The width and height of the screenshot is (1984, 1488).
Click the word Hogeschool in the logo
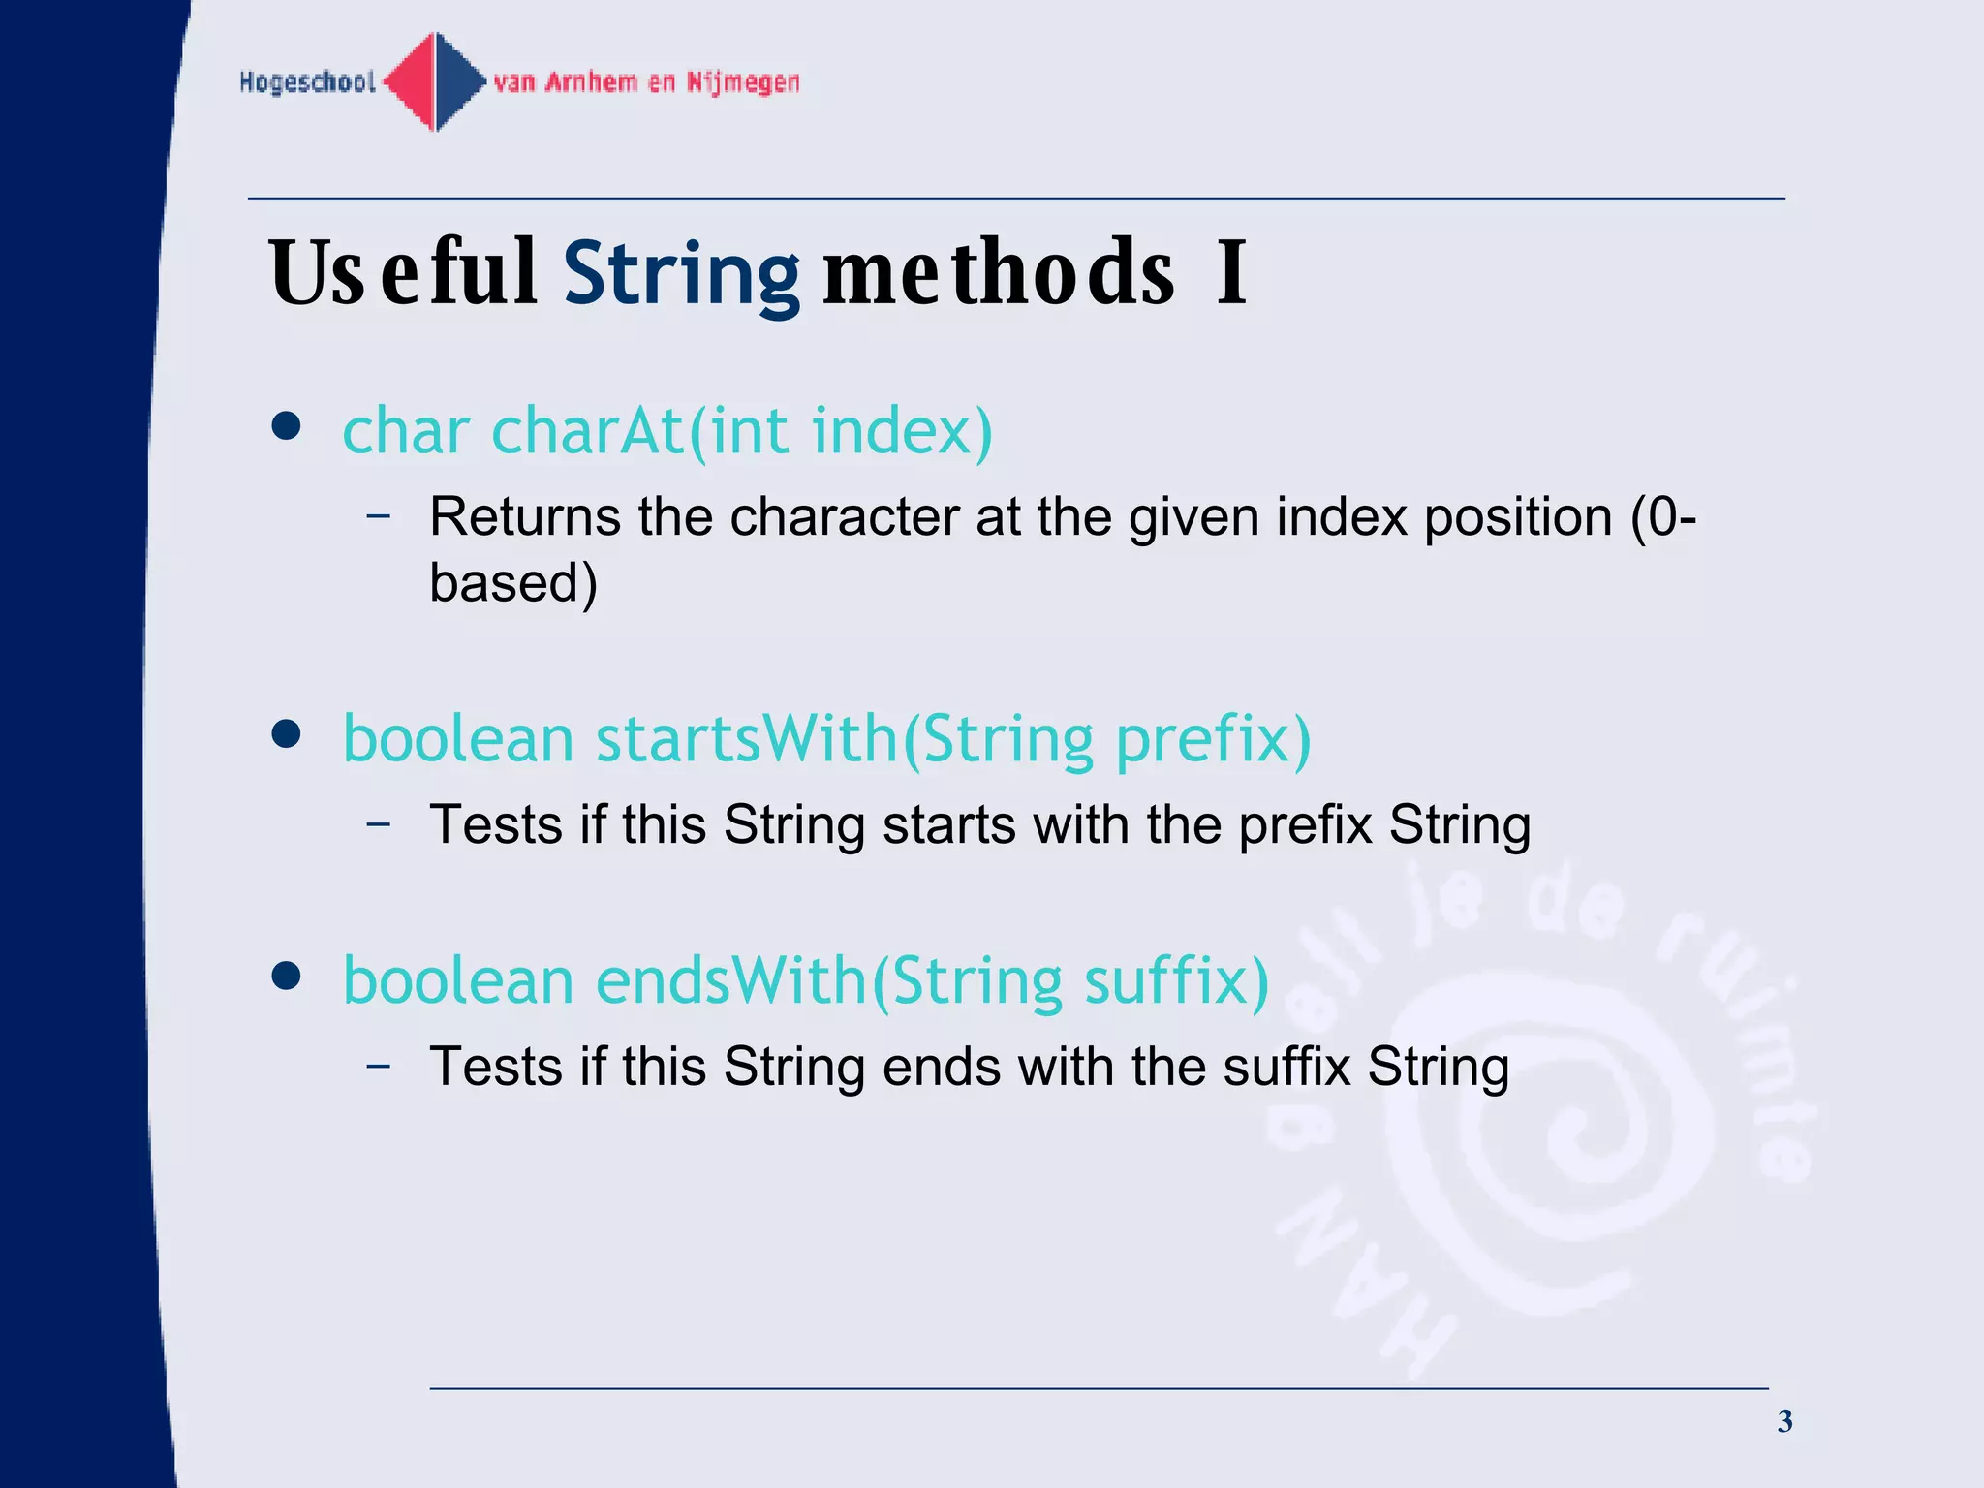point(307,82)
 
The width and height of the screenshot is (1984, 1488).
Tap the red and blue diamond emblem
point(435,81)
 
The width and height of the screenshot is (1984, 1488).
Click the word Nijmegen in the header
point(743,82)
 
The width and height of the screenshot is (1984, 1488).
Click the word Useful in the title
point(402,273)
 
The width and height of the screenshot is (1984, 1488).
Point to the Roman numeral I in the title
point(1231,273)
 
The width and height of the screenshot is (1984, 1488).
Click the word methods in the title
point(998,273)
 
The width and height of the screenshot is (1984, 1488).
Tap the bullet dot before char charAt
point(286,425)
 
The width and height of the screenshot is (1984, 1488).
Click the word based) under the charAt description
point(513,583)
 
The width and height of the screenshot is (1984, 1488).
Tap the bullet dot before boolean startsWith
point(286,733)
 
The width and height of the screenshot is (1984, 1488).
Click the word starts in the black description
point(948,825)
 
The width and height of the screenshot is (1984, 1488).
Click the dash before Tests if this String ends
point(379,1066)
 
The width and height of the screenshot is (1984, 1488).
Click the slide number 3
point(1784,1421)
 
